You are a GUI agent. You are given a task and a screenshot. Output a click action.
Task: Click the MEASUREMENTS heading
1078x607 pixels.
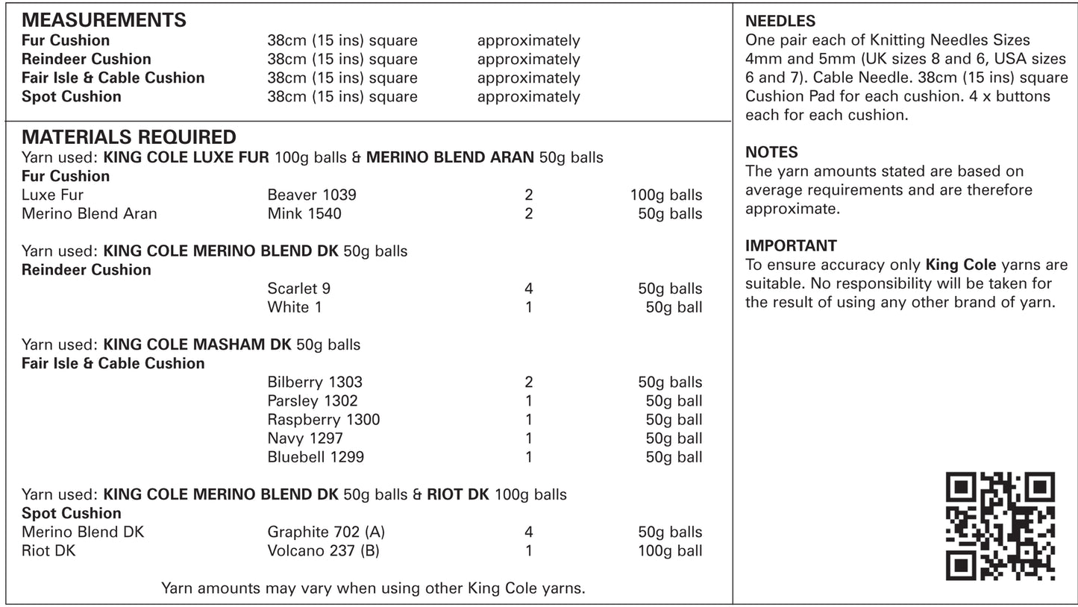(104, 19)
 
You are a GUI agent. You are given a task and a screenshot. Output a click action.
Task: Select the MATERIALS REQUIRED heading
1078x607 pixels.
(129, 137)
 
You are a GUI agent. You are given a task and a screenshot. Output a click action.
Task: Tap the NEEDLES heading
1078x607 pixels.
(780, 22)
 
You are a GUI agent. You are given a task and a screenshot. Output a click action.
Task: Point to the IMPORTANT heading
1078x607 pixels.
(791, 245)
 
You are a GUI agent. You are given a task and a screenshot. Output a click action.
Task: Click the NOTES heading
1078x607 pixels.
(771, 152)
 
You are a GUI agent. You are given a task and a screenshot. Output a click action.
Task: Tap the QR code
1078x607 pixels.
(1000, 526)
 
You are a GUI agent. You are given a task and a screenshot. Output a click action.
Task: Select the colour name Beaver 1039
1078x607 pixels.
(312, 195)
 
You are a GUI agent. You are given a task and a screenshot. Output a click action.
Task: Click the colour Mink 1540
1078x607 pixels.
(304, 214)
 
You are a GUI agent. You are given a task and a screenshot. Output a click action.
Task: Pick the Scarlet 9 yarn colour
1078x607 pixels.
(298, 289)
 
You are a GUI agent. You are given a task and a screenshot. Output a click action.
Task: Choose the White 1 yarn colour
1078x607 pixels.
(295, 307)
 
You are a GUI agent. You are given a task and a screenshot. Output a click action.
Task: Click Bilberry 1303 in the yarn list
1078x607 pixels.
(315, 383)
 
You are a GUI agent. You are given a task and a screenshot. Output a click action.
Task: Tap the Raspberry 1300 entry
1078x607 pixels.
(324, 420)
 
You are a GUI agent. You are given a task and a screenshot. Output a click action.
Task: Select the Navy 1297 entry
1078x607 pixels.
(305, 438)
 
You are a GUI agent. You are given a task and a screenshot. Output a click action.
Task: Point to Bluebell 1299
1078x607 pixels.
(316, 457)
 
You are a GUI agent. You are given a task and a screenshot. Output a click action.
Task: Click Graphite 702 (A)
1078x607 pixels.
(326, 532)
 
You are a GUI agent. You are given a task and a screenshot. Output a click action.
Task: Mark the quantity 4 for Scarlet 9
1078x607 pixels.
(529, 289)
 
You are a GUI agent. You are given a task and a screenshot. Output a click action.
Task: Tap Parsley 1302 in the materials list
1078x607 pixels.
(313, 401)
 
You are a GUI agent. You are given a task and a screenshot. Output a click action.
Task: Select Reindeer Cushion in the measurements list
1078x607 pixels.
(87, 59)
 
